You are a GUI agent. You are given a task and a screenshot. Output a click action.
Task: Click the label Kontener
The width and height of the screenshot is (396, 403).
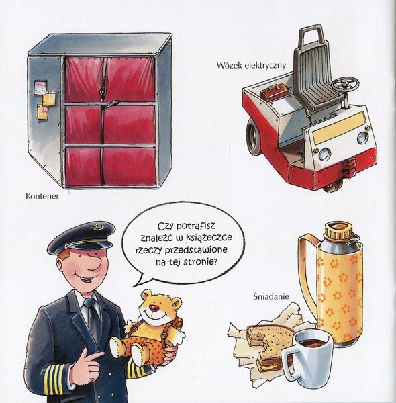point(42,196)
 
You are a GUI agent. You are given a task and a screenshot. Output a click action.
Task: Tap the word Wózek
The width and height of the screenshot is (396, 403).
point(229,65)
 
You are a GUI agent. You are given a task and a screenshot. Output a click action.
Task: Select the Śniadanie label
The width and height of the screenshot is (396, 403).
point(271,296)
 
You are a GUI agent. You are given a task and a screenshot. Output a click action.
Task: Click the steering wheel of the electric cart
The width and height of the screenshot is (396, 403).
point(346,83)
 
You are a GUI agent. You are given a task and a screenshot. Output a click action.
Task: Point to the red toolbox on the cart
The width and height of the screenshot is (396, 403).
point(273,91)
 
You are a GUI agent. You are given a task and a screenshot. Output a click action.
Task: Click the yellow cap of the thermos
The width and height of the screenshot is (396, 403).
point(338,230)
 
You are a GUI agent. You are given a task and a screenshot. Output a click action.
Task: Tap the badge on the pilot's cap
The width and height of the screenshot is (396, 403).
point(98,227)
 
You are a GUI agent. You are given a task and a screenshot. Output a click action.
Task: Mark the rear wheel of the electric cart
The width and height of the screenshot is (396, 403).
point(254,138)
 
